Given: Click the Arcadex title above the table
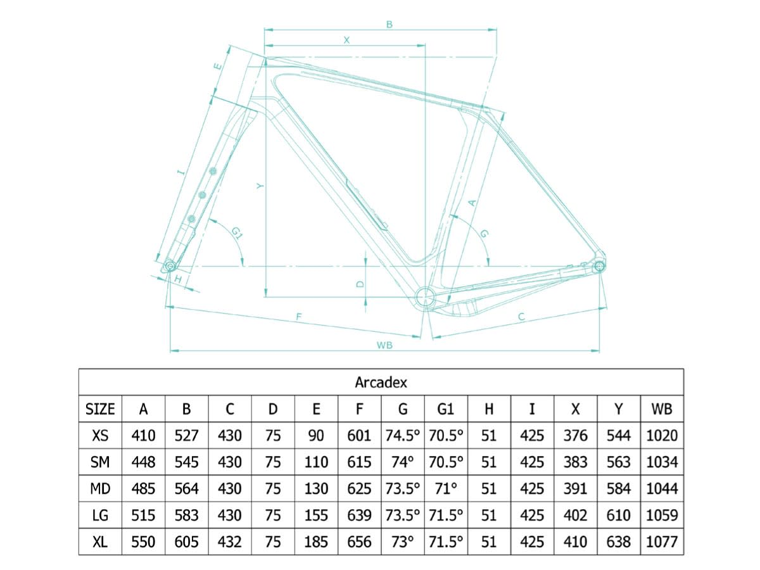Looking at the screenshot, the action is [381, 383].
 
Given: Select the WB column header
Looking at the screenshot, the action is [661, 409].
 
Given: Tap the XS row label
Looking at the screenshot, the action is [100, 435].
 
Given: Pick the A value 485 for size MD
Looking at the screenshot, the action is [143, 489].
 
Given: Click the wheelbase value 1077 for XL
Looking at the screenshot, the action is [662, 542].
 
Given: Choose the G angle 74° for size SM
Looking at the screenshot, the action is [403, 462].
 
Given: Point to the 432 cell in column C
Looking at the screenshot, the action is [229, 542].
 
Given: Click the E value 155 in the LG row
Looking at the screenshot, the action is [316, 516].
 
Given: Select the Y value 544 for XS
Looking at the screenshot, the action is [618, 435].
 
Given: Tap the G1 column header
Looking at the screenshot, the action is [446, 409].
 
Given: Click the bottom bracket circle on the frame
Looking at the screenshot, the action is [425, 297].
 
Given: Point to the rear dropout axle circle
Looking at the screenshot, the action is [599, 266].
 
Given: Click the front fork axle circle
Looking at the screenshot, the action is [170, 266].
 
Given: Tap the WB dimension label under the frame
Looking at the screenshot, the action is [384, 345].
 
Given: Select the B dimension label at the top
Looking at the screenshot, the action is [389, 25].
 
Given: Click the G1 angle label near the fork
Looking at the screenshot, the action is [237, 233].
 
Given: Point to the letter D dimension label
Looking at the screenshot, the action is [360, 284].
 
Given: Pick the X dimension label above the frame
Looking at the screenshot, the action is [346, 40].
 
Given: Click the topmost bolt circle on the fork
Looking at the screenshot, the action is [213, 170].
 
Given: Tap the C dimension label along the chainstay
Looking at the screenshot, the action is [521, 316].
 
